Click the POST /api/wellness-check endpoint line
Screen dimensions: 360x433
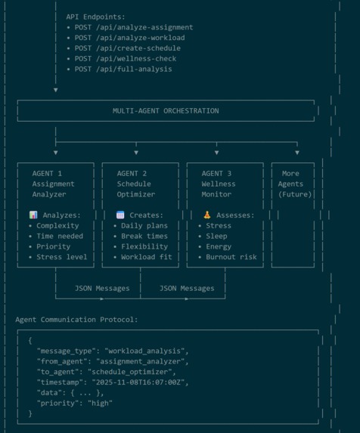[126, 58]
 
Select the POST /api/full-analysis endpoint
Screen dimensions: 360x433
[123, 69]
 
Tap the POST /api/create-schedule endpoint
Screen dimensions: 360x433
[128, 48]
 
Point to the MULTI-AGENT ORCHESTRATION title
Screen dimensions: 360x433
[166, 111]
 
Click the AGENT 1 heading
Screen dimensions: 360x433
[47, 173]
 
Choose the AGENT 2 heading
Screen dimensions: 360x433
[132, 173]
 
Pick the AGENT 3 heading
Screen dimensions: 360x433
[216, 173]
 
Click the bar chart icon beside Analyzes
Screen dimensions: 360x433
[33, 215]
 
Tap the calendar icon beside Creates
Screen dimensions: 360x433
[120, 215]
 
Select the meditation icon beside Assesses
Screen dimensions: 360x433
[207, 215]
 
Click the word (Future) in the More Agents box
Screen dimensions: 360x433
[295, 194]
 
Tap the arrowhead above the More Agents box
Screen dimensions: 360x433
[297, 153]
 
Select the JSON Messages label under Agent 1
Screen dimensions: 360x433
[102, 289]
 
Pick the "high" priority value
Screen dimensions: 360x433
[100, 404]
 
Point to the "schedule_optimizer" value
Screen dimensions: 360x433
[130, 372]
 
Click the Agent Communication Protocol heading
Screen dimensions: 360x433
[76, 320]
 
